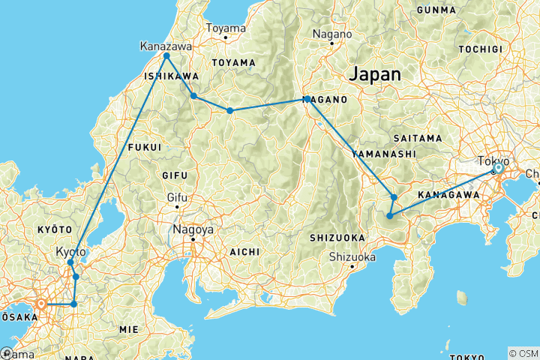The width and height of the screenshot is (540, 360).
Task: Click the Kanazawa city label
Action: (x=166, y=46)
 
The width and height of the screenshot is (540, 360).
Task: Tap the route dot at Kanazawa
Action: (x=166, y=56)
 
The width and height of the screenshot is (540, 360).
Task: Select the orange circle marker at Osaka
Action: (x=42, y=304)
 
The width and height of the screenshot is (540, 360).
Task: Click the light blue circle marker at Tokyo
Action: (x=497, y=169)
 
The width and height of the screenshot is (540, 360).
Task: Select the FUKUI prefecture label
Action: (x=145, y=147)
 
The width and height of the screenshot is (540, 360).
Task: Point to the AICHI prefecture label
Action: (x=244, y=251)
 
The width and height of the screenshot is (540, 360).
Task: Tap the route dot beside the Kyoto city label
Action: (x=70, y=262)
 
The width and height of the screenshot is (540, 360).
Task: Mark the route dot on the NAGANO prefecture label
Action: (x=307, y=99)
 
